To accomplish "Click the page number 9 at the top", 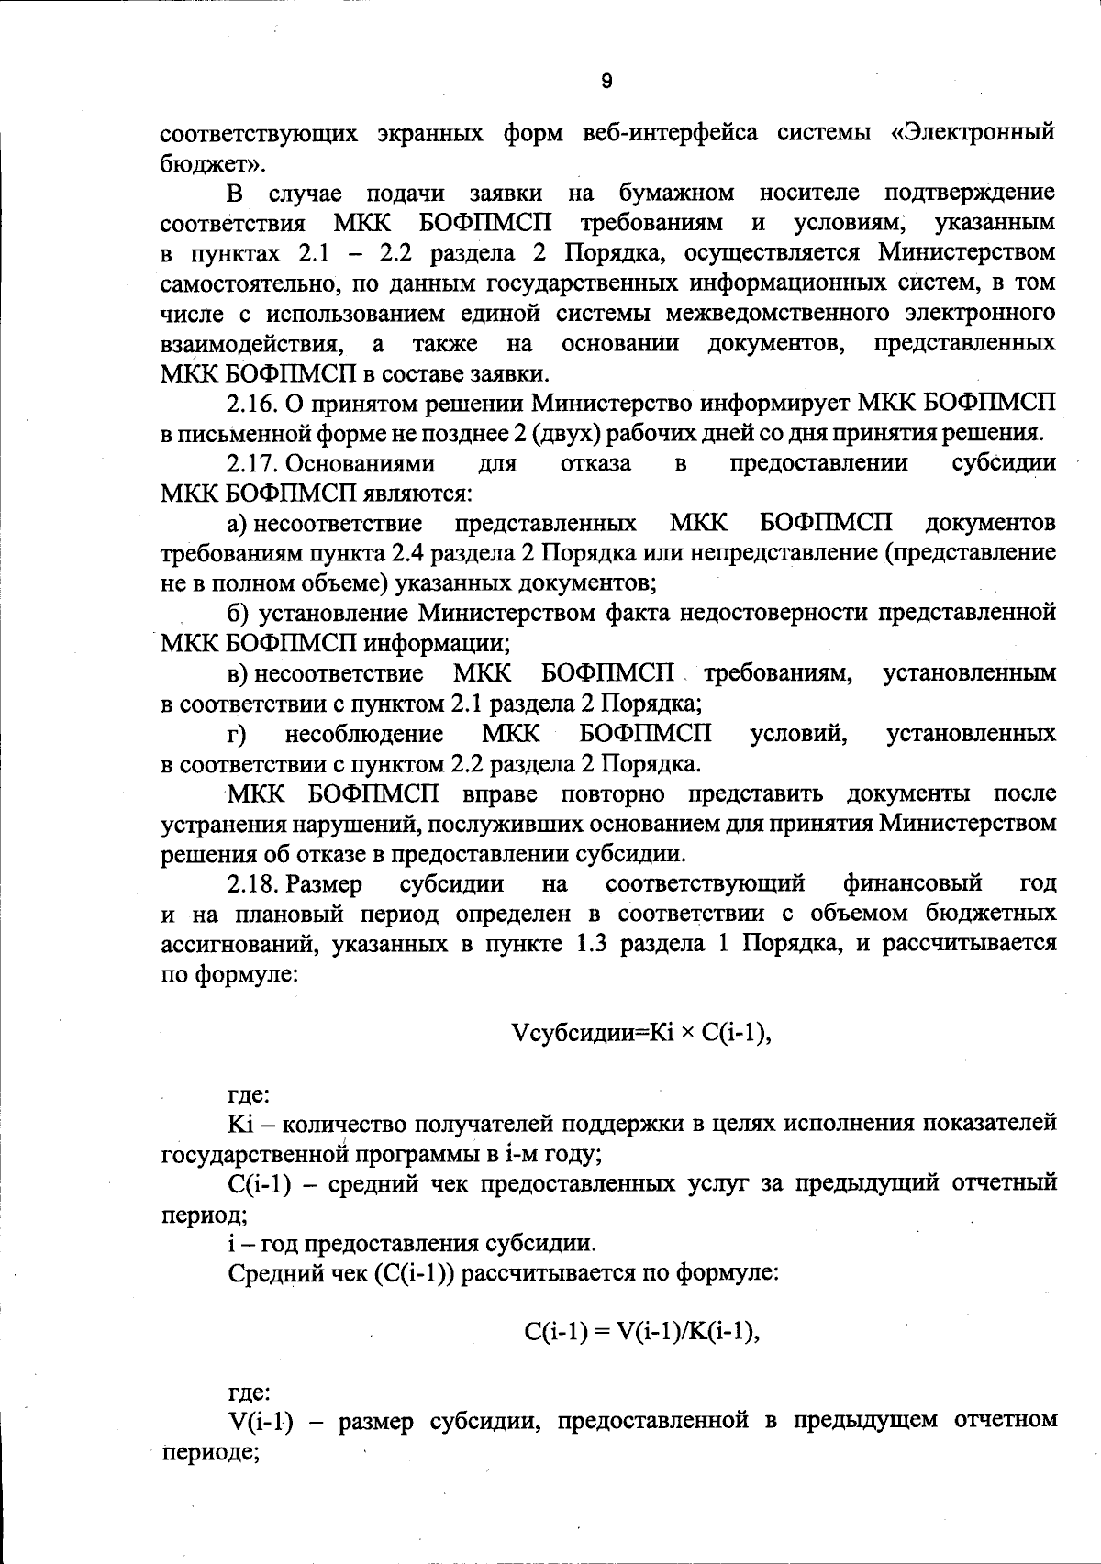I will pyautogui.click(x=606, y=81).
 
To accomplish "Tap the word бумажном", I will pyautogui.click(x=676, y=194).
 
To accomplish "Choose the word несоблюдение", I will pyautogui.click(x=364, y=734).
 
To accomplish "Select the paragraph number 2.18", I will pyautogui.click(x=252, y=883).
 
